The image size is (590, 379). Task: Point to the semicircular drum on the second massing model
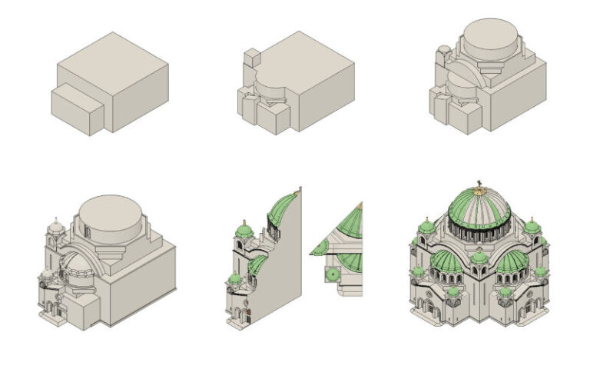(270, 83)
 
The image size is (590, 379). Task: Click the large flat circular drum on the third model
(492, 40)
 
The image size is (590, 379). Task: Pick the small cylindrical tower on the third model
(442, 61)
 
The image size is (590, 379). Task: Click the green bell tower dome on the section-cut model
(244, 230)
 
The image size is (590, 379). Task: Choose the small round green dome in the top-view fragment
(333, 274)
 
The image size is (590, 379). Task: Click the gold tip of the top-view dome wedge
(360, 206)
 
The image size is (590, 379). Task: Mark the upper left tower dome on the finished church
(426, 226)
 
